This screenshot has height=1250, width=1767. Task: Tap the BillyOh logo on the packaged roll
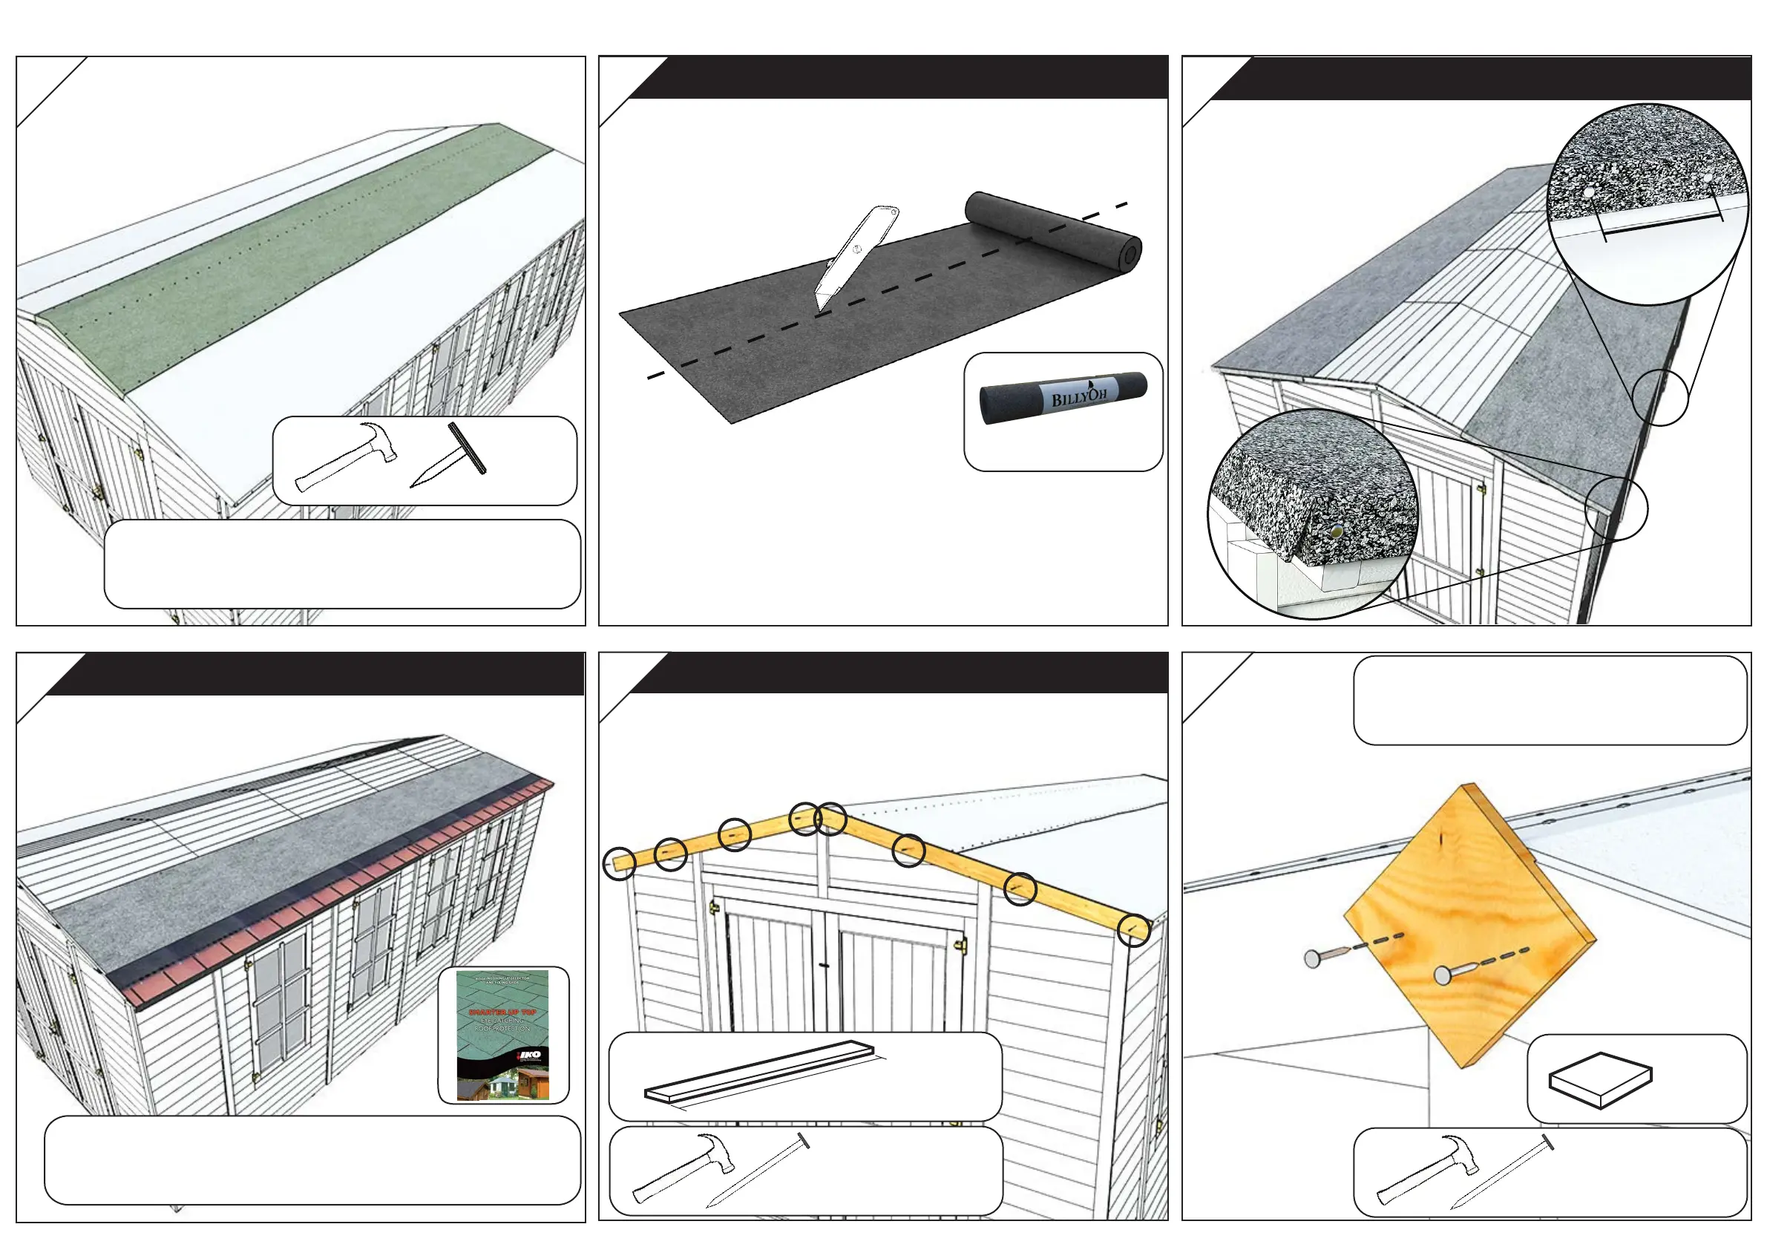(1079, 396)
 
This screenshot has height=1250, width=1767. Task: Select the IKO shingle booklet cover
(503, 1035)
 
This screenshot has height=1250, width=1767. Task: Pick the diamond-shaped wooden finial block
(1469, 923)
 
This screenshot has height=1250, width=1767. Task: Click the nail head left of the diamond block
(1313, 958)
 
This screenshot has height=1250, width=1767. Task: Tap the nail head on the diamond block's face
(1443, 976)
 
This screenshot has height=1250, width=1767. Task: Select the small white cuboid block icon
(1601, 1079)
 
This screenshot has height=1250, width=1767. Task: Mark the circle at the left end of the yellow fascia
(620, 863)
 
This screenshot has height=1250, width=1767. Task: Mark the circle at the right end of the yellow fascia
(1135, 929)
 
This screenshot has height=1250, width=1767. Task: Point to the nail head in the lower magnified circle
(1337, 530)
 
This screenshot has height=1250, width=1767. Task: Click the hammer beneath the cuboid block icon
(1428, 1168)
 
